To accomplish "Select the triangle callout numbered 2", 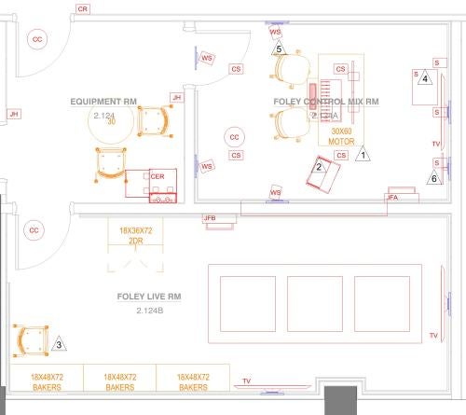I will (x=319, y=167).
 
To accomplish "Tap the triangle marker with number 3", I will (x=59, y=344).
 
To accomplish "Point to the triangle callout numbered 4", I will (x=425, y=78).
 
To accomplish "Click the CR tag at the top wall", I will (x=83, y=7).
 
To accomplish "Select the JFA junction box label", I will (x=393, y=197).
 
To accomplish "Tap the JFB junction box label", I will (x=210, y=218).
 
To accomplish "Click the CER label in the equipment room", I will (x=158, y=174).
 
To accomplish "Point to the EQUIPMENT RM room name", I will (x=103, y=101).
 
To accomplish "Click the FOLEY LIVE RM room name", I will (x=149, y=297).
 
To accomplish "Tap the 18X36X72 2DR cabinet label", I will (x=135, y=234).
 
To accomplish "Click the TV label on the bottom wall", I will (x=246, y=380).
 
